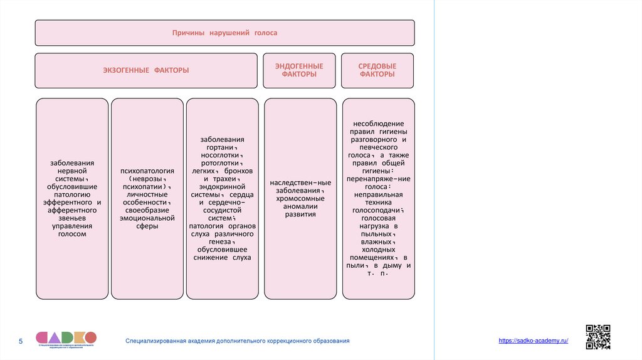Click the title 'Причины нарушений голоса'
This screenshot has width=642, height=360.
click(224, 33)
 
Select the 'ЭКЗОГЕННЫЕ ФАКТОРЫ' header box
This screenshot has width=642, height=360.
click(145, 70)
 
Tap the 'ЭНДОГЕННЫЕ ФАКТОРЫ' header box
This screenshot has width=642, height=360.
click(299, 70)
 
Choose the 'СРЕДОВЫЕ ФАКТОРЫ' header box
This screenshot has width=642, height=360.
click(377, 70)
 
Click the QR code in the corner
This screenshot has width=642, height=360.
click(597, 337)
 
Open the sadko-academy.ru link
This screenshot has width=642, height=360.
click(534, 340)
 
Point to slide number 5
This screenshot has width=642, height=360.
click(20, 341)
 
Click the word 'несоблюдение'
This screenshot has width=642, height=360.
click(378, 124)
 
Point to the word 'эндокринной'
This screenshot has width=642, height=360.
click(222, 186)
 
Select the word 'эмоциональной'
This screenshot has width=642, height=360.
click(147, 218)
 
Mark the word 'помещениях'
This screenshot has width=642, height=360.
click(372, 257)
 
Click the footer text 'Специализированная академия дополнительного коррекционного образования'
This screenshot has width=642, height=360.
click(238, 341)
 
